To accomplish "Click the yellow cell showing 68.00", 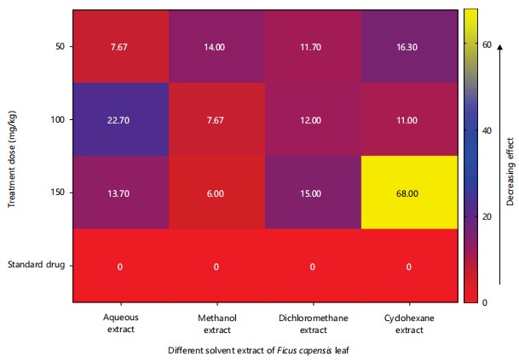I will click(x=409, y=193).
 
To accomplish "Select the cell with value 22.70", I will click(x=120, y=120).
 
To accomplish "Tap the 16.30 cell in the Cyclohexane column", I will click(x=409, y=47).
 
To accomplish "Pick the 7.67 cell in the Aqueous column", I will click(x=120, y=47).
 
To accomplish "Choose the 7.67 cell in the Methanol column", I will click(x=216, y=120).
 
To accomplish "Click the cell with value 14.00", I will click(x=216, y=47).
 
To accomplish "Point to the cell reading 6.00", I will click(x=216, y=193).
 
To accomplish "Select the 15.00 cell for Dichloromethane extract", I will click(x=313, y=193).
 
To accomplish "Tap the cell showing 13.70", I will click(x=120, y=193).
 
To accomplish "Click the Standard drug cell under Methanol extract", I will click(x=216, y=267).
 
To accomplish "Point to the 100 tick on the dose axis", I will click(x=56, y=120).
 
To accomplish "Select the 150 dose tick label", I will click(x=56, y=193).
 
